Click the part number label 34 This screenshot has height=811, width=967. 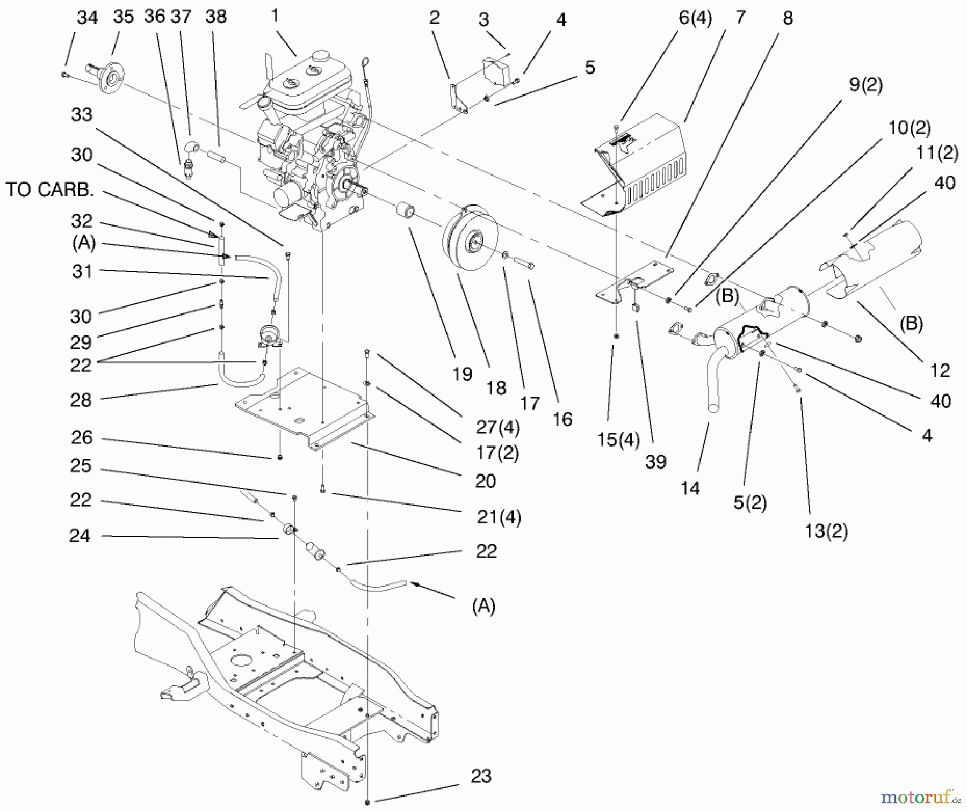87,18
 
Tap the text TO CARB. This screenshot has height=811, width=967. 49,189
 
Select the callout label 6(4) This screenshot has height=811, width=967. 695,18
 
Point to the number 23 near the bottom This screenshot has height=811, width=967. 481,776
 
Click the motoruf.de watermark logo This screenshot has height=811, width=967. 920,798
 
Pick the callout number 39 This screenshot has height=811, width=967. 655,462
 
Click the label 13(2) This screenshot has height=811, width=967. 826,531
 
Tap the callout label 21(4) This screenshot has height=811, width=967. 499,517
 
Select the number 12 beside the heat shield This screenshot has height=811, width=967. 940,370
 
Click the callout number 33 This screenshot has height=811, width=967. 82,114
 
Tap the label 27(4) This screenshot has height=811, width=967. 497,427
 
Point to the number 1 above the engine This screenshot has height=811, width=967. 275,16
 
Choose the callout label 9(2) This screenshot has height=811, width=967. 865,85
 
